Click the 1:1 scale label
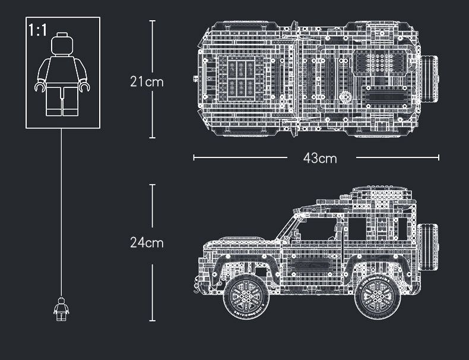click(37, 30)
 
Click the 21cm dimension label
click(147, 81)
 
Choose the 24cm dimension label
click(147, 242)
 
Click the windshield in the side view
click(290, 226)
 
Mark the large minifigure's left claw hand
click(39, 87)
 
